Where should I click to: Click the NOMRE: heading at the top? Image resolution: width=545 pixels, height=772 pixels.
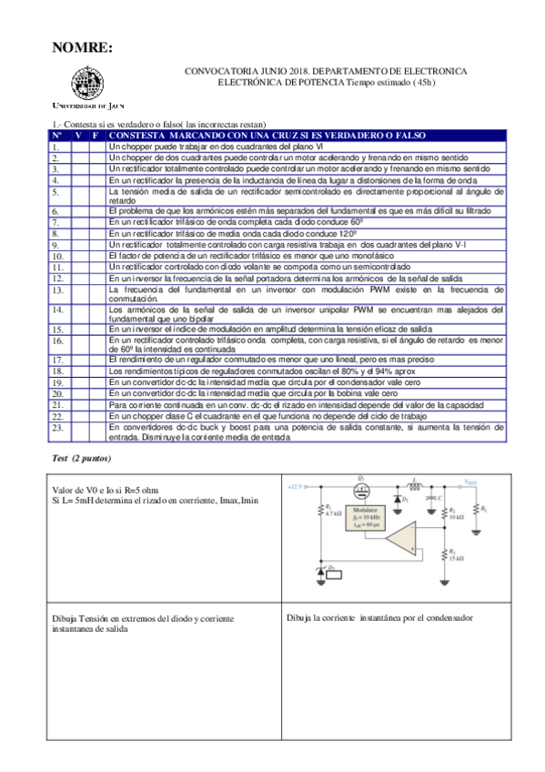(82, 48)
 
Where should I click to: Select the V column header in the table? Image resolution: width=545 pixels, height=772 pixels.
(78, 136)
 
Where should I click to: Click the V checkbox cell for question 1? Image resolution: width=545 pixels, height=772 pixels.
(78, 147)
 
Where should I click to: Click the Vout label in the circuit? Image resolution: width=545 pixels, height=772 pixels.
(469, 482)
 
